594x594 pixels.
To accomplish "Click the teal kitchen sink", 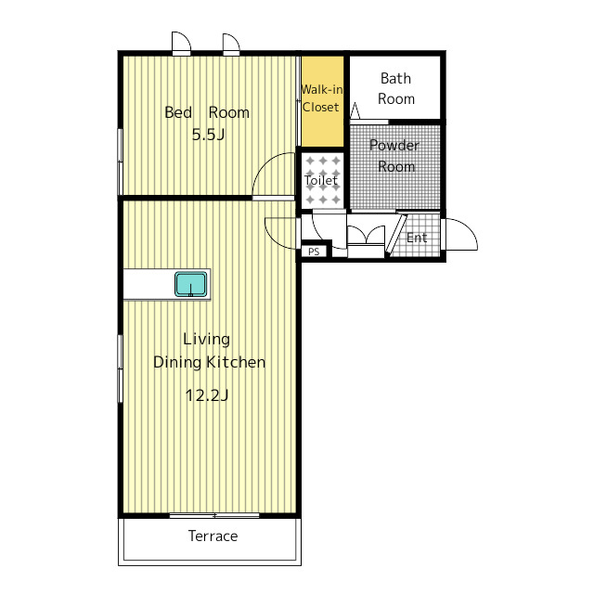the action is tap(191, 284).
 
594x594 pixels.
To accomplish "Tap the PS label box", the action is tap(314, 252).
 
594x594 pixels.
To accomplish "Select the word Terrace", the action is tap(213, 536).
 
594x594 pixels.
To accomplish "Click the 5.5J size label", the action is tap(208, 135).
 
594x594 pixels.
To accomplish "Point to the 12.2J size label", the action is tap(207, 395).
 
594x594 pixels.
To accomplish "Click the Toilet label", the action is tap(321, 180).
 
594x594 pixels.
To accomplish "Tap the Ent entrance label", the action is tap(417, 238).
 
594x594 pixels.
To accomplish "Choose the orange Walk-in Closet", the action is tap(322, 101).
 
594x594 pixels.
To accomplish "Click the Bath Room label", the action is tap(396, 89).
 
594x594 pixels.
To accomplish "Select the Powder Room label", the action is tap(394, 156).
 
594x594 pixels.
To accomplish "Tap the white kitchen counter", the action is tap(167, 284).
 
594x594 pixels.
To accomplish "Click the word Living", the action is tap(206, 339).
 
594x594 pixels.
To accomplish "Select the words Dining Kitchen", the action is tap(209, 362).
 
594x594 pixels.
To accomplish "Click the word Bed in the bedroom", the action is tap(178, 112).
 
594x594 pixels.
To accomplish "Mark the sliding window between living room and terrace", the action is tap(214, 516).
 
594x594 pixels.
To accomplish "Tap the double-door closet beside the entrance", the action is tap(366, 241).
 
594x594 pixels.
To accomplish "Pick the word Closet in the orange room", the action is tap(320, 108).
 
